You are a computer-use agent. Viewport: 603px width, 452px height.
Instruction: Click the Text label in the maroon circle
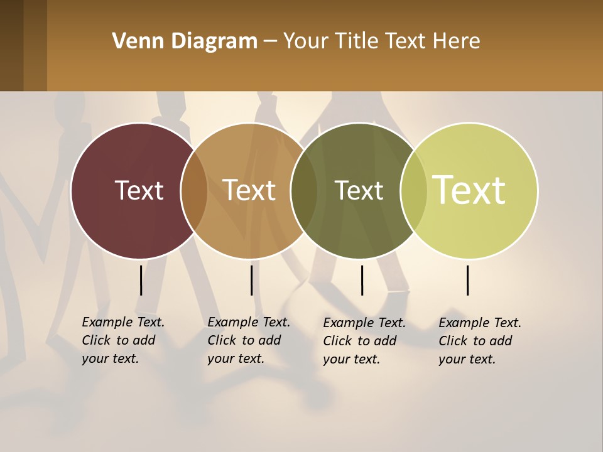pyautogui.click(x=139, y=190)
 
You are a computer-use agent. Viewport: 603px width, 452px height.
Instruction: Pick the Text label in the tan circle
pyautogui.click(x=249, y=190)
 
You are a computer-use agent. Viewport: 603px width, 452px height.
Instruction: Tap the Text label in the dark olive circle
pyautogui.click(x=359, y=190)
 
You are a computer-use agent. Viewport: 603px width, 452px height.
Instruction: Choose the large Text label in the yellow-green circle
pyautogui.click(x=469, y=190)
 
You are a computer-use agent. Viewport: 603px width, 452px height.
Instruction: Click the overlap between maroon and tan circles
pyautogui.click(x=194, y=191)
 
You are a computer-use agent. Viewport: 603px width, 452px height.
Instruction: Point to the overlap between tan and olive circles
pyautogui.click(x=304, y=191)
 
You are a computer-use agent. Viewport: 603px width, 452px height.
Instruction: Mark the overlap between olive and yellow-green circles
pyautogui.click(x=413, y=191)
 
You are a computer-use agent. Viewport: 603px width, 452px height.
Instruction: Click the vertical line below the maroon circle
pyautogui.click(x=141, y=280)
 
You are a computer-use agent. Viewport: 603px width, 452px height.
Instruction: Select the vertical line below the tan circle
pyautogui.click(x=251, y=280)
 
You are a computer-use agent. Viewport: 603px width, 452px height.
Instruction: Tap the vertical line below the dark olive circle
pyautogui.click(x=362, y=280)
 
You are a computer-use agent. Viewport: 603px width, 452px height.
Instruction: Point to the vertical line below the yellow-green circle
pyautogui.click(x=467, y=280)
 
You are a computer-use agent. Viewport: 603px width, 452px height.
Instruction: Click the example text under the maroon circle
pyautogui.click(x=122, y=340)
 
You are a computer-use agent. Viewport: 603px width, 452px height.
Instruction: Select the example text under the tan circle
pyautogui.click(x=248, y=340)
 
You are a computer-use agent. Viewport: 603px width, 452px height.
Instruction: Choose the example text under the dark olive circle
pyautogui.click(x=364, y=341)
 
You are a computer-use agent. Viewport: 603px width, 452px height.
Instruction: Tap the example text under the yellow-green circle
pyautogui.click(x=479, y=341)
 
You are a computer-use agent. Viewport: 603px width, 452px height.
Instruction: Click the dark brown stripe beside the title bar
pyautogui.click(x=12, y=45)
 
